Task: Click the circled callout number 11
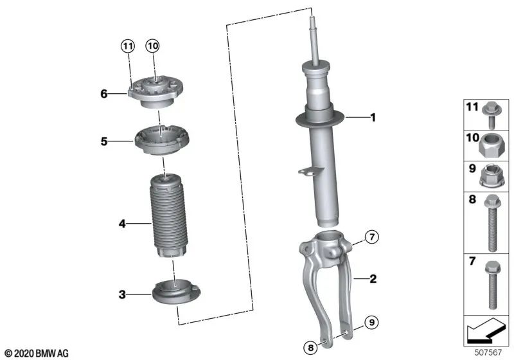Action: [128, 46]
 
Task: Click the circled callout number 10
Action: [152, 46]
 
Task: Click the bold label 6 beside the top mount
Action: [103, 94]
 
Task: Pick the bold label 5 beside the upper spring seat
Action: [103, 140]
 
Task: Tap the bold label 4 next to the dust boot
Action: [121, 224]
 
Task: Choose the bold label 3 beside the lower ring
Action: [121, 295]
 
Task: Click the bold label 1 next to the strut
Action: [371, 118]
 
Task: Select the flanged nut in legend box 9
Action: [493, 175]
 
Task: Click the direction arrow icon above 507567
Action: [486, 332]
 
